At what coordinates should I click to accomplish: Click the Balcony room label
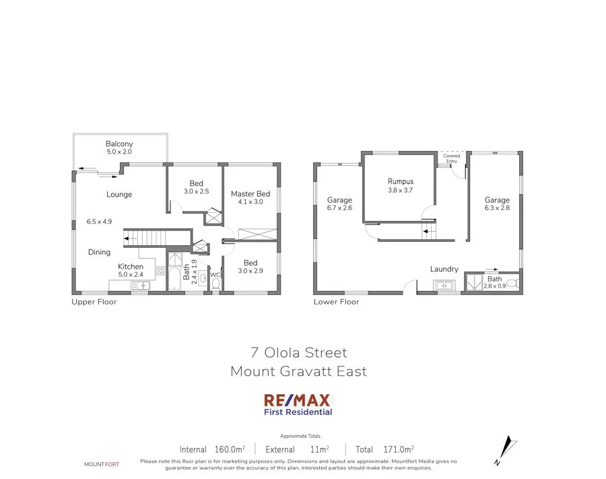tap(119, 143)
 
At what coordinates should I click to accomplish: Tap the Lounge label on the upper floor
tap(119, 195)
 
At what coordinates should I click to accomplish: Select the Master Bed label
tap(250, 194)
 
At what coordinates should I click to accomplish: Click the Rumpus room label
tap(400, 181)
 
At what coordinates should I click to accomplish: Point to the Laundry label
tap(444, 269)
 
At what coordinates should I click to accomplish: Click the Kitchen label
tap(131, 267)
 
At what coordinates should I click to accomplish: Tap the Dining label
tap(99, 253)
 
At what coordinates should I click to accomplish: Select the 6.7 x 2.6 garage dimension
tap(339, 209)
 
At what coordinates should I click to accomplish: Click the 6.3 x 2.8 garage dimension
tap(498, 209)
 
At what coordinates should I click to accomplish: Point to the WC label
tap(215, 275)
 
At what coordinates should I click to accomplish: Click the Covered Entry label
tap(452, 158)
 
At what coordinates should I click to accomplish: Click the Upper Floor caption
tap(94, 302)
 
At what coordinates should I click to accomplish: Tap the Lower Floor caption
tap(336, 302)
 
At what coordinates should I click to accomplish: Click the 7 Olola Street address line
tap(298, 352)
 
